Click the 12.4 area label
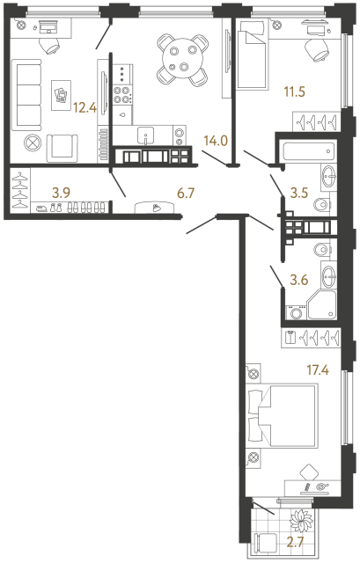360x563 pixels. [84, 108]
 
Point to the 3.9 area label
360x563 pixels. [61, 188]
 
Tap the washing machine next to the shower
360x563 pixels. [295, 311]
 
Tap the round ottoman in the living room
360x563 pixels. [34, 141]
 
